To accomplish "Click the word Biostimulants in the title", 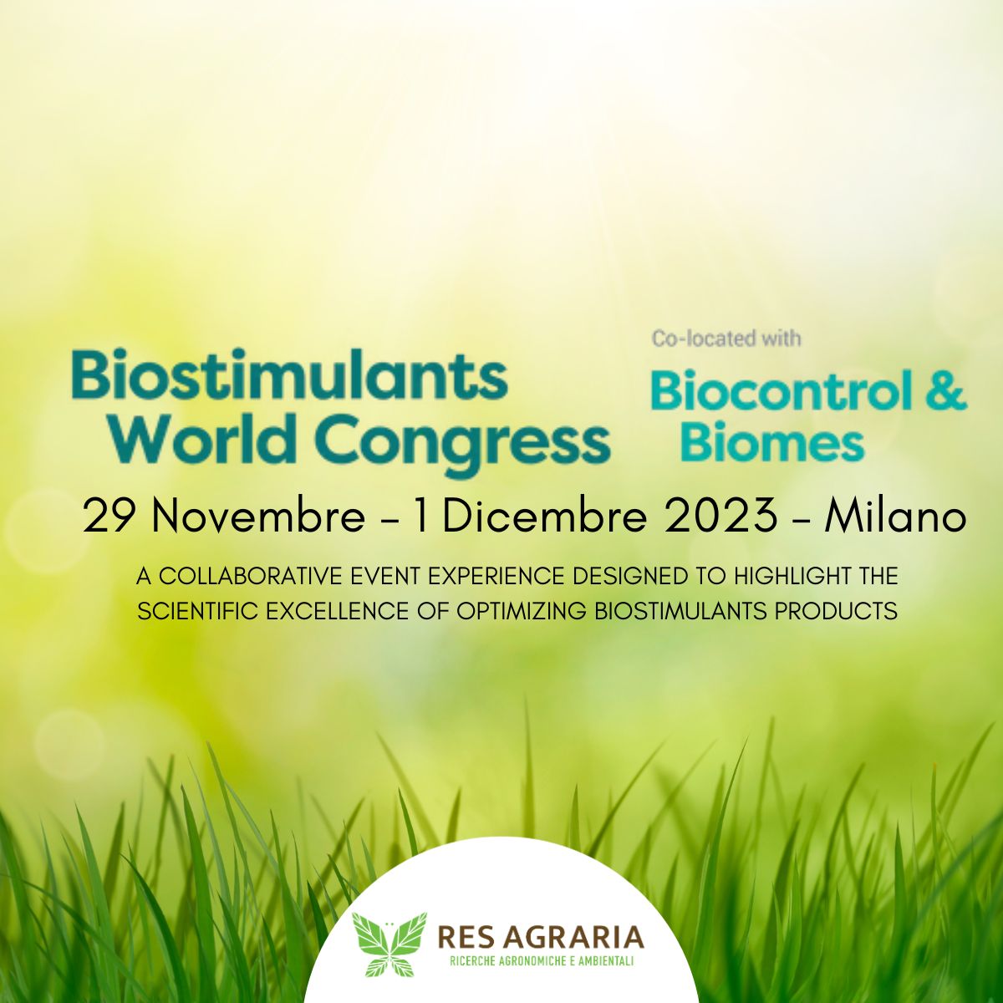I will point(289,378).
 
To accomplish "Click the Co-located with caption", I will point(726,339).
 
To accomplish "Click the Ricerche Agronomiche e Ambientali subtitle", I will point(541,960).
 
